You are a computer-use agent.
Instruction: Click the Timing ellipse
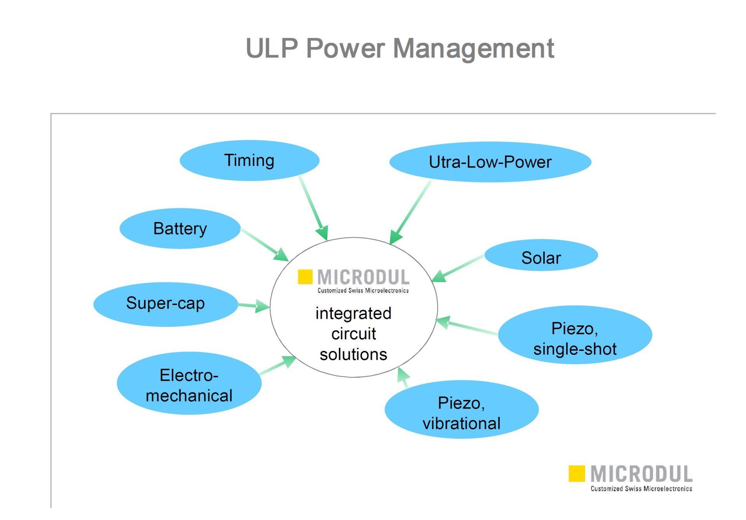click(249, 161)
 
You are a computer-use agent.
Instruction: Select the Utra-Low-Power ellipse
click(490, 162)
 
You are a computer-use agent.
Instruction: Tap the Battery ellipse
click(180, 229)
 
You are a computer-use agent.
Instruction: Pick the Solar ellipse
click(541, 255)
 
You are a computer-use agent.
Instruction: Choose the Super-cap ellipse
click(166, 304)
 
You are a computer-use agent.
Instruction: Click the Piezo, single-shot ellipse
click(575, 335)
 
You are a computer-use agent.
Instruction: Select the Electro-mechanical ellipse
click(189, 383)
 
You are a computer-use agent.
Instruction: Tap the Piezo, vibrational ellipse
click(461, 410)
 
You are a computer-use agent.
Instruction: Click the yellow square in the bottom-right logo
click(576, 473)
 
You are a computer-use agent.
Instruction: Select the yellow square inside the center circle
click(305, 277)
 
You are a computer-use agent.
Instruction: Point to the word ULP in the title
click(272, 49)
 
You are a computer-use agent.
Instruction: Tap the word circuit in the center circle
click(354, 333)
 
